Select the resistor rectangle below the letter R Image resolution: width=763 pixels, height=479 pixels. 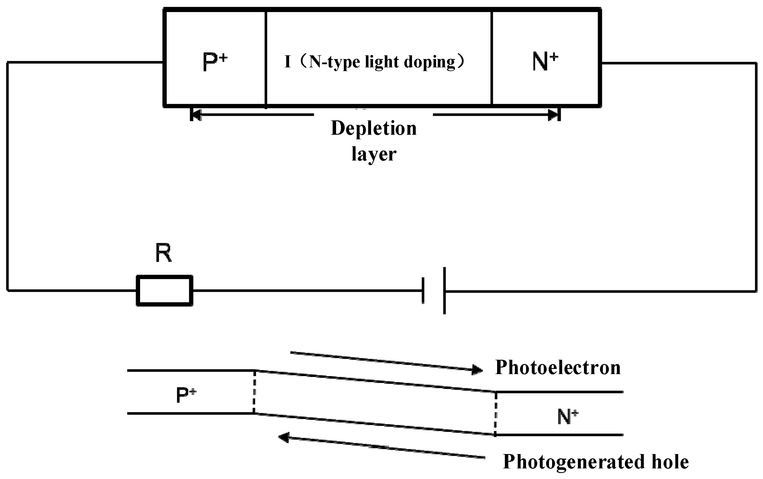tap(164, 290)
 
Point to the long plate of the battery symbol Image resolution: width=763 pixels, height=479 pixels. tap(444, 290)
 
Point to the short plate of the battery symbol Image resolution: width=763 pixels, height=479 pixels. tap(423, 290)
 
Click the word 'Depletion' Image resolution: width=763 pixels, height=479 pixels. tap(374, 128)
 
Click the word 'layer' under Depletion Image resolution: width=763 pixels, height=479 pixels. tap(374, 154)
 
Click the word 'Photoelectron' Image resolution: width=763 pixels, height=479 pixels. tap(558, 367)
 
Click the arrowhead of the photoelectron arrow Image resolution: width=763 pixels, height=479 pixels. tap(477, 369)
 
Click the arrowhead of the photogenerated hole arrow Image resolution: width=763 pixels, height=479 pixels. tap(284, 437)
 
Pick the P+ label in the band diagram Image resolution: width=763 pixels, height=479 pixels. tap(186, 395)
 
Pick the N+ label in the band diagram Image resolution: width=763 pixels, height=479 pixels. tap(568, 417)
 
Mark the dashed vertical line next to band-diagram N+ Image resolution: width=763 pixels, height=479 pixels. tap(495, 413)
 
